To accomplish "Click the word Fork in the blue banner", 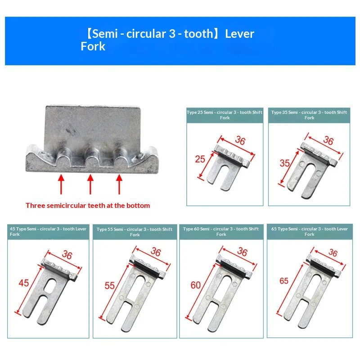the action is (x=93, y=46).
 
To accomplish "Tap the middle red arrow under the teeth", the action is (x=90, y=184).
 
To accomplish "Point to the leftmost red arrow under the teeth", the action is (x=61, y=184).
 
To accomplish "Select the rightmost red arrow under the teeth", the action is (x=119, y=184).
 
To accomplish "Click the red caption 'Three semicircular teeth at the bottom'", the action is (x=88, y=205).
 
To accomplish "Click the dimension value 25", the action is (x=200, y=159).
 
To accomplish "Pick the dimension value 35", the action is (x=285, y=163).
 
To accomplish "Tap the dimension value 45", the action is (x=24, y=283).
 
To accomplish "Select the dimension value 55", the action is (x=109, y=286).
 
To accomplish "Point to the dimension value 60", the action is (x=196, y=285).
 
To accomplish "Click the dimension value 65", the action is (x=284, y=281).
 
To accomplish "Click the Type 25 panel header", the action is (x=225, y=115).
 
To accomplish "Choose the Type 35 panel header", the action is (x=309, y=115).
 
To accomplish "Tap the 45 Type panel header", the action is (x=48, y=232).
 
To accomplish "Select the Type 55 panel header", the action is (x=135, y=232).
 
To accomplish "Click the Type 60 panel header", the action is (x=221, y=232).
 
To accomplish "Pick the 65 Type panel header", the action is (x=310, y=232).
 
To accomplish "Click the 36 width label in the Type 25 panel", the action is (x=240, y=140).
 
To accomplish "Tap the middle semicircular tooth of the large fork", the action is (x=92, y=154).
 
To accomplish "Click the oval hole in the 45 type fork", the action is (x=50, y=286).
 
